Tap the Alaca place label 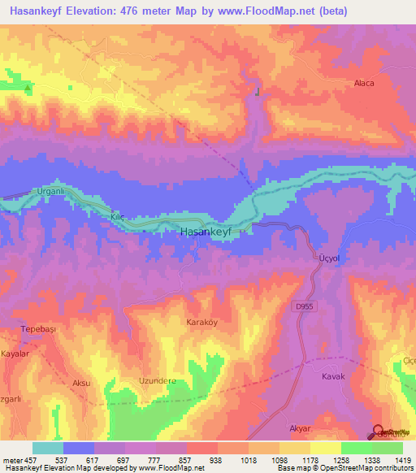pyautogui.click(x=363, y=83)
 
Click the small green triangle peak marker pyautogui.click(x=28, y=88)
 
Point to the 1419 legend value pyautogui.click(x=394, y=460)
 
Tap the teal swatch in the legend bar pyautogui.click(x=47, y=448)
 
